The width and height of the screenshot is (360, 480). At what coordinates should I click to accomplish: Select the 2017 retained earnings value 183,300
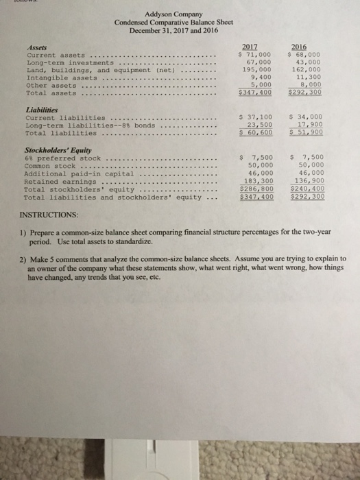point(258,182)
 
